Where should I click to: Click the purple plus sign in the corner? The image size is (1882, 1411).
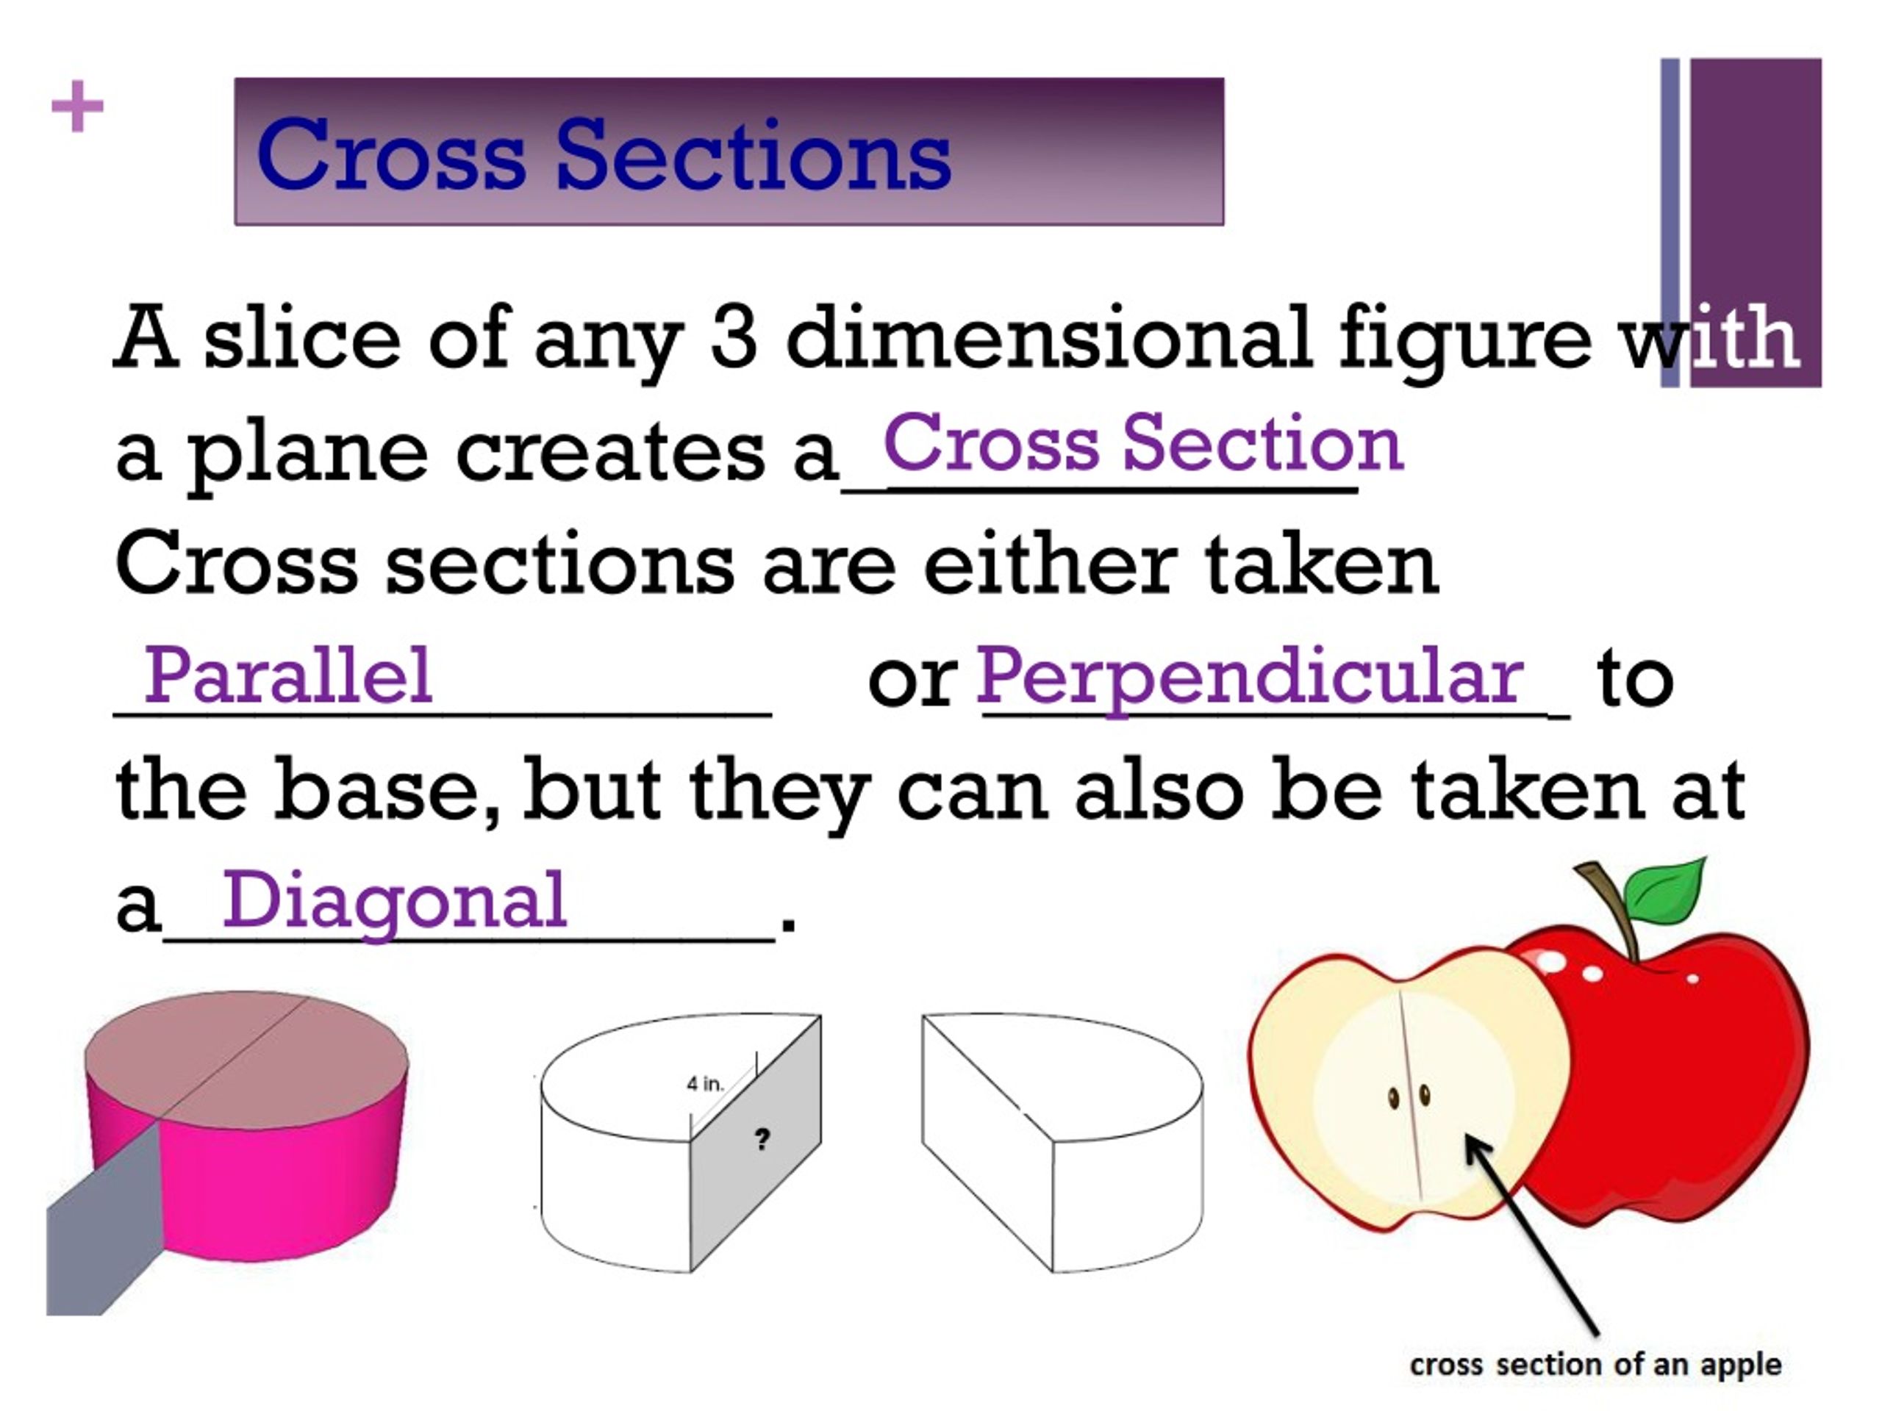pos(77,107)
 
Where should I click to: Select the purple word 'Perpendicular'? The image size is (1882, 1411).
pos(1249,678)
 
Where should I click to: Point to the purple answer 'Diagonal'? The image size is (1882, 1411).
pos(394,902)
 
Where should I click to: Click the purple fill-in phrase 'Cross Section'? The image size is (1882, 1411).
pos(1142,443)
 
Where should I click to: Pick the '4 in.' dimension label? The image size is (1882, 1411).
pos(704,1083)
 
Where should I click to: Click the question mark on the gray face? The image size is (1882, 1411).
pos(762,1138)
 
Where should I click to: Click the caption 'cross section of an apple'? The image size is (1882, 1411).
pos(1595,1364)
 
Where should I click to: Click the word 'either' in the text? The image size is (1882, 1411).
pos(1050,564)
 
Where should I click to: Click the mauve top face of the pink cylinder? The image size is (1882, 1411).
pos(247,1055)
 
